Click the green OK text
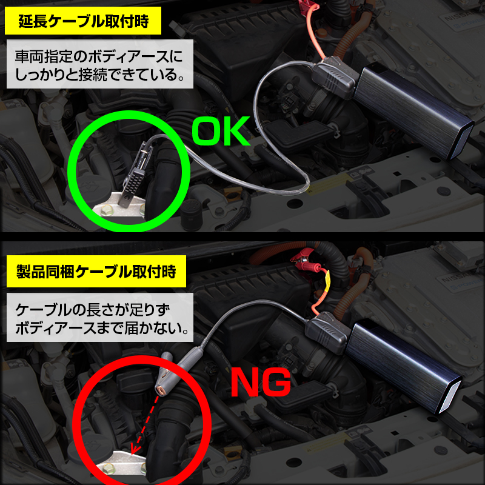pyautogui.click(x=221, y=131)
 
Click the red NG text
pyautogui.click(x=261, y=383)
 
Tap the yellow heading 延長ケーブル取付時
pyautogui.click(x=83, y=21)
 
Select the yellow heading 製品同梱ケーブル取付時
pyautogui.click(x=96, y=271)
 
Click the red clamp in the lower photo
pyautogui.click(x=303, y=261)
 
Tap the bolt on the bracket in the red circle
pyautogui.click(x=109, y=467)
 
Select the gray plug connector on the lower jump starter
pyautogui.click(x=328, y=332)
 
